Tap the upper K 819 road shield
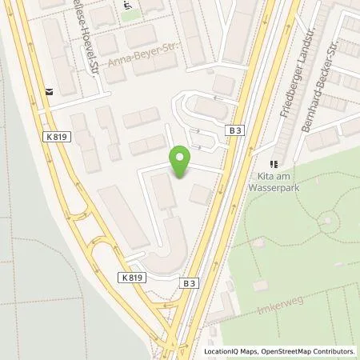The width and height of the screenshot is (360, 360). (x=60, y=137)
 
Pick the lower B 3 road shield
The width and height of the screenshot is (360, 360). (x=189, y=282)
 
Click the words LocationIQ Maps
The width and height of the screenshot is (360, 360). (x=229, y=351)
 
